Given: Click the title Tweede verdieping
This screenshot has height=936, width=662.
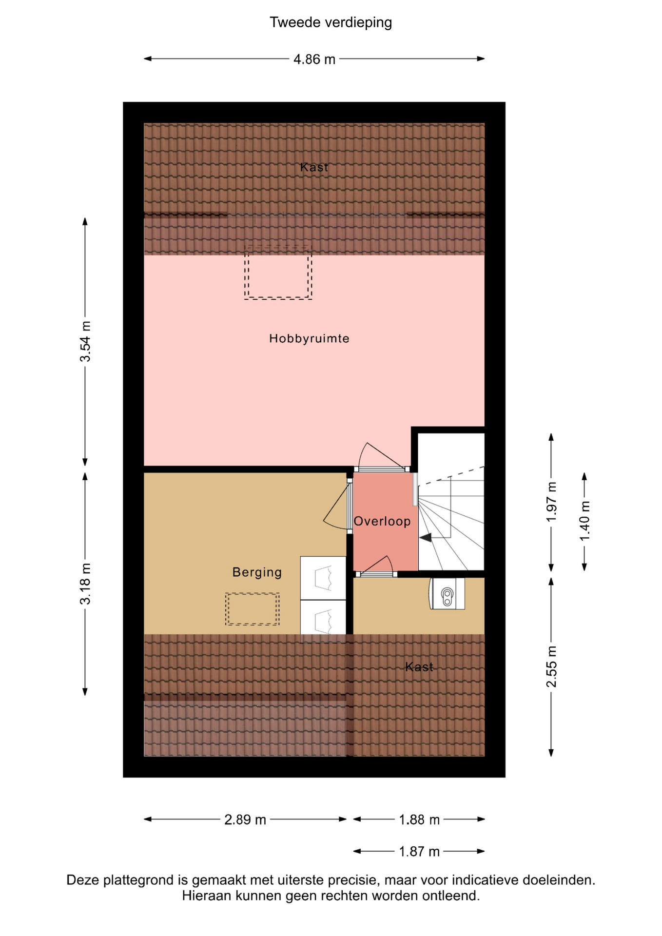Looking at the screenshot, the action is (x=331, y=22).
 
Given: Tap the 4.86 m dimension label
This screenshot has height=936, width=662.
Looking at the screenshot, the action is (x=314, y=59).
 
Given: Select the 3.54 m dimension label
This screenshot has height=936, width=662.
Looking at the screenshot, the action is (x=85, y=342).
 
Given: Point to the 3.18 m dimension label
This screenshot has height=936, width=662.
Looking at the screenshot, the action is (x=85, y=584).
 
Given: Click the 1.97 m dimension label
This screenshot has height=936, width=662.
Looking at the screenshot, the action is (x=551, y=502).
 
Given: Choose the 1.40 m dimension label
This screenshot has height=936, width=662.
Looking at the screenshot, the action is (x=584, y=521).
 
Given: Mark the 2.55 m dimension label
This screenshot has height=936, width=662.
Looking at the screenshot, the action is (x=551, y=666).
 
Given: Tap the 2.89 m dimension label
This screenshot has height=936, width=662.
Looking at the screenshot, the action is (x=245, y=819).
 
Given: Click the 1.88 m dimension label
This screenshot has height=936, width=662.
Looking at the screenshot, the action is (x=419, y=819).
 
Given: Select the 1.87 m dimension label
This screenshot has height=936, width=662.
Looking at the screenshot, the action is (x=419, y=852).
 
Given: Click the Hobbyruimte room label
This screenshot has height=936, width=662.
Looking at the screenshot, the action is (x=309, y=338).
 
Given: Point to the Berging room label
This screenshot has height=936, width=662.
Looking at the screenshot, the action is (x=257, y=572).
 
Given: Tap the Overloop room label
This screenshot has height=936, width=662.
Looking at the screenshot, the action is (x=382, y=521).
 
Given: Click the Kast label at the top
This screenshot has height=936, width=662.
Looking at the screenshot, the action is (x=314, y=167).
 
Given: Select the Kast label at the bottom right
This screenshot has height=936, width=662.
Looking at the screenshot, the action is (x=419, y=666).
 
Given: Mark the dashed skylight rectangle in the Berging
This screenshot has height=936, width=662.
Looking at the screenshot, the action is (x=252, y=609).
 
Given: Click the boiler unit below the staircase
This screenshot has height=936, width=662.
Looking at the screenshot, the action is (x=447, y=594).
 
